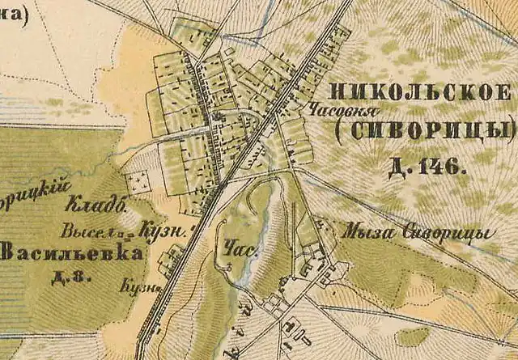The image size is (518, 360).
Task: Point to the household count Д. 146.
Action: pos(426,167)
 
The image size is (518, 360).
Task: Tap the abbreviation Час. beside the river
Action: pos(246,252)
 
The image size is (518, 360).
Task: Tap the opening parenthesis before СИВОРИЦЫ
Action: pos(339,129)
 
